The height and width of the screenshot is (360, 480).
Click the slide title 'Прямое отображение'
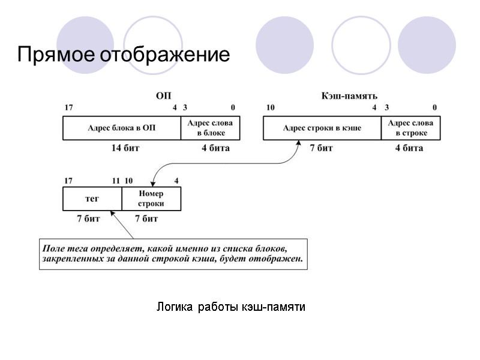(x=123, y=55)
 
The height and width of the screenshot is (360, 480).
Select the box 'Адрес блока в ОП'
(x=122, y=128)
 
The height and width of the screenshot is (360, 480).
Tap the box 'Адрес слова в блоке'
(x=211, y=128)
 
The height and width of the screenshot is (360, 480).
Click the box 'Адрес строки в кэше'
(x=322, y=128)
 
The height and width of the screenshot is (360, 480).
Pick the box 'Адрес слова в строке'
(x=410, y=128)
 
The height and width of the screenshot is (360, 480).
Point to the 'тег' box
(x=92, y=199)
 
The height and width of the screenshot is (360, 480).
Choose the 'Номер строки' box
(x=151, y=199)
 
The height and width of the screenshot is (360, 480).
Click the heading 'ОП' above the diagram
(x=163, y=95)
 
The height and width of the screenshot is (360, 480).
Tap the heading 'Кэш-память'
(x=350, y=95)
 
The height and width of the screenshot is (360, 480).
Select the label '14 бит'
(x=125, y=148)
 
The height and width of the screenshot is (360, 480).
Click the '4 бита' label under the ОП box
(x=215, y=148)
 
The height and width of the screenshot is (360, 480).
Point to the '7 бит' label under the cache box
(x=321, y=148)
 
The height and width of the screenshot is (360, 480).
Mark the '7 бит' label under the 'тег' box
(x=88, y=219)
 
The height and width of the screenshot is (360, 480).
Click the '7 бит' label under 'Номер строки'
(x=146, y=219)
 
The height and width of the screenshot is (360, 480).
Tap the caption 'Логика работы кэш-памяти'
(x=231, y=307)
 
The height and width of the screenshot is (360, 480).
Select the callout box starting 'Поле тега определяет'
(x=173, y=254)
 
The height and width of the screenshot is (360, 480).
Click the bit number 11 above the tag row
(x=116, y=180)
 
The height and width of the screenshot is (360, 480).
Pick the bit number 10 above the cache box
(x=271, y=108)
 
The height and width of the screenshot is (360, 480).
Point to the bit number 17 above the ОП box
(x=68, y=108)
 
